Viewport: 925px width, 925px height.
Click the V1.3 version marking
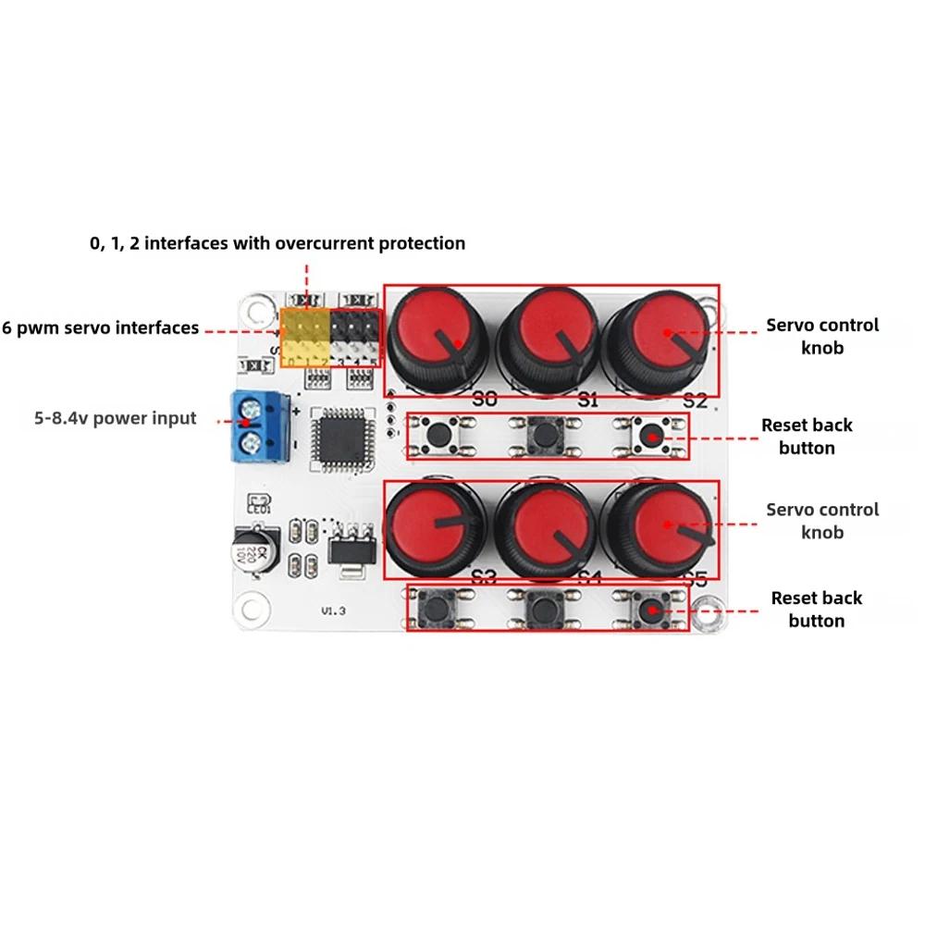[x=333, y=611]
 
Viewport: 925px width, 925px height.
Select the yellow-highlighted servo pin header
[x=305, y=338]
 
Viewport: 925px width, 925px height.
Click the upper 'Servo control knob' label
[x=822, y=337]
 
